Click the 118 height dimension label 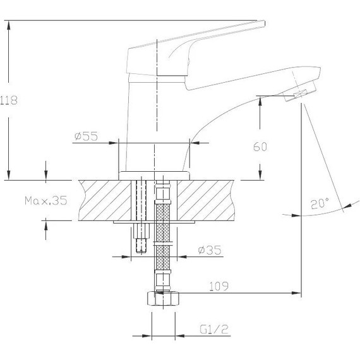(x=9, y=100)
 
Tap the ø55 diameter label (x=86, y=136)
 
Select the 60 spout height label (x=260, y=147)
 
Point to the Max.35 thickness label (x=46, y=200)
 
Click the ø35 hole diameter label (x=210, y=250)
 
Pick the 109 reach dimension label (x=219, y=286)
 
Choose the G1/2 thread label (x=214, y=330)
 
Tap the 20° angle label (x=320, y=203)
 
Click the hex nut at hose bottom (x=163, y=299)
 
